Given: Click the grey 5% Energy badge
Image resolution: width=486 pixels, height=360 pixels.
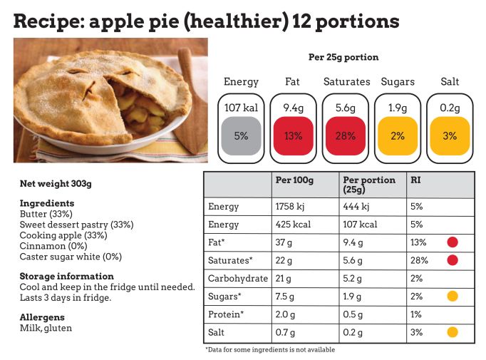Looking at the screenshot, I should (241, 135).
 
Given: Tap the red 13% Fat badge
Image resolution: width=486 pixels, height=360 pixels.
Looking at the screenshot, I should (293, 135).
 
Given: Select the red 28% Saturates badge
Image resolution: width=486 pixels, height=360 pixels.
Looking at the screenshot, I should (346, 135).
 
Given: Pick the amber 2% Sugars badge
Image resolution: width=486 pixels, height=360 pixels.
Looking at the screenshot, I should (398, 135).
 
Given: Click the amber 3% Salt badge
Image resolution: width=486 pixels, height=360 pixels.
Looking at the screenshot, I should (450, 135).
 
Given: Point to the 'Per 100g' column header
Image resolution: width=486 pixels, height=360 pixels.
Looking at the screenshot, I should (294, 180).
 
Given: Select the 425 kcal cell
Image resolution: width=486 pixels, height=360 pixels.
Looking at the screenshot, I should (292, 225).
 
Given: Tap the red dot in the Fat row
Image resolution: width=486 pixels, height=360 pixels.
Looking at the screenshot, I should (452, 242).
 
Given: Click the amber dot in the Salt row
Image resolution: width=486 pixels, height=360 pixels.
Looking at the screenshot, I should (452, 331).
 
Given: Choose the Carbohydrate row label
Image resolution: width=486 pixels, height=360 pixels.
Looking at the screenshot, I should (237, 278).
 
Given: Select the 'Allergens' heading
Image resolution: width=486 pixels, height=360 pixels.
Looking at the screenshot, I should (42, 317).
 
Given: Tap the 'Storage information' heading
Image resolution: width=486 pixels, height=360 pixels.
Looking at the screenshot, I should (66, 276).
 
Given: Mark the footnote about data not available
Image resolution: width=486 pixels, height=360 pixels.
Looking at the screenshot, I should (269, 350).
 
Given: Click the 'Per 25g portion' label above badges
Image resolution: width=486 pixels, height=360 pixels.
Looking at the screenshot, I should (343, 57).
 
